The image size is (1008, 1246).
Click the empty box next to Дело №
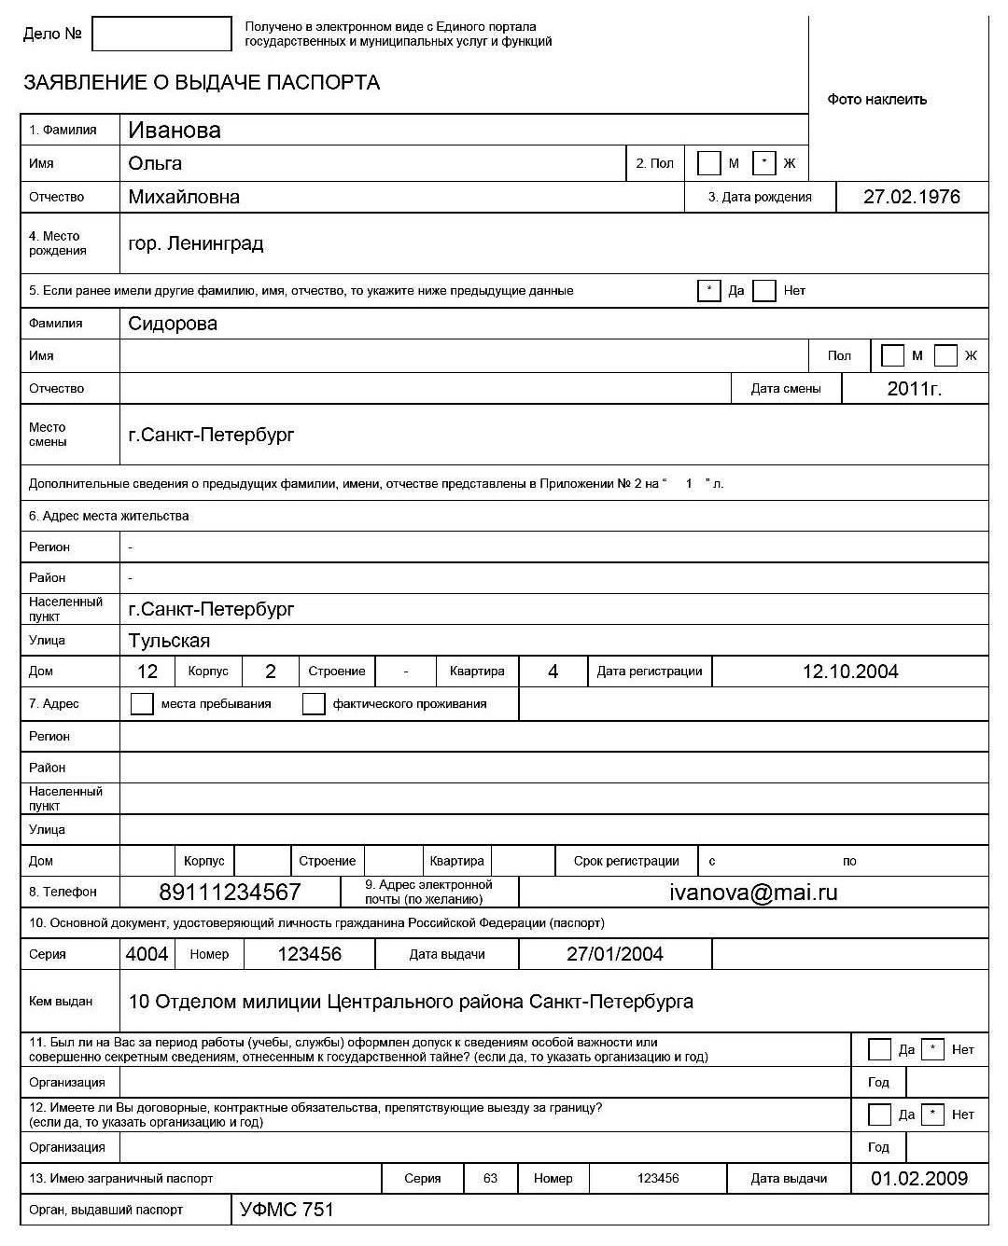[161, 35]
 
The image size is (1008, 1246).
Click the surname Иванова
[175, 131]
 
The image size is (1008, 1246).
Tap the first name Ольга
[155, 164]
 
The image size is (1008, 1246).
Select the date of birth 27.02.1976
[911, 197]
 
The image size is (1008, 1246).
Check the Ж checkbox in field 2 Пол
[763, 163]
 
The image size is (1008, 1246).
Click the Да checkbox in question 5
[708, 291]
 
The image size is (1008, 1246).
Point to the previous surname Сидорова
[173, 324]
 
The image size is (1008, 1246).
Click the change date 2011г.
[914, 389]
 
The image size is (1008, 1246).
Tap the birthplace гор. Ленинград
[196, 243]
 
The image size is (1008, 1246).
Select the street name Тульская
[169, 641]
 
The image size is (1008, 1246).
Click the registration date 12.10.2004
[849, 671]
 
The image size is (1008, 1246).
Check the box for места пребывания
[142, 703]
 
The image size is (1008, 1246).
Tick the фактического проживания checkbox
[314, 703]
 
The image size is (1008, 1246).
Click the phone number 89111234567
[230, 893]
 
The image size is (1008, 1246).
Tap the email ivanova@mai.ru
[753, 893]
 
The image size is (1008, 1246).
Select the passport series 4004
[147, 954]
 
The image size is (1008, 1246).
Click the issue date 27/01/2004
[614, 954]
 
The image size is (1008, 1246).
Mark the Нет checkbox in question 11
[932, 1049]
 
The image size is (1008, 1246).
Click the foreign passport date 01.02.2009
[918, 1179]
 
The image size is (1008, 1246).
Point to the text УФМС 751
[287, 1210]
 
